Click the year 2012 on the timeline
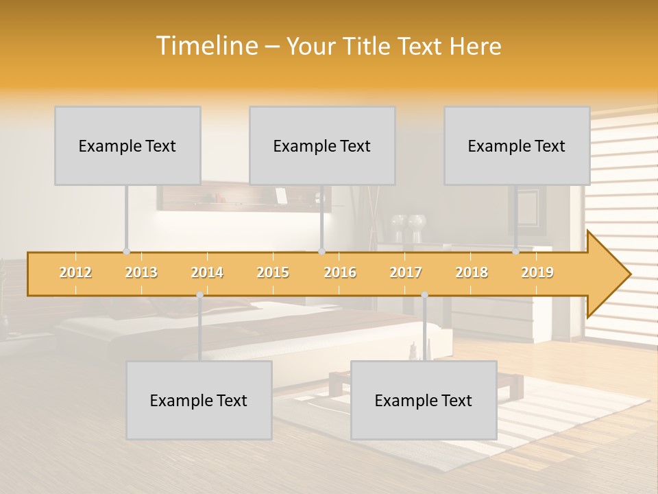tap(75, 272)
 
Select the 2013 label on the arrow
tap(141, 272)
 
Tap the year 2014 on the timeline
tap(207, 272)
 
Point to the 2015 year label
tap(273, 272)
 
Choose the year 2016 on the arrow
tap(340, 272)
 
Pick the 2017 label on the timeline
tap(406, 272)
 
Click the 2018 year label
tap(472, 272)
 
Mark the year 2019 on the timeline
tap(537, 272)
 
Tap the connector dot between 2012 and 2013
tap(126, 252)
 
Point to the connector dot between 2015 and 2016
tap(321, 252)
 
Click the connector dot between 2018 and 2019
tap(516, 252)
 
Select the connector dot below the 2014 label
tap(199, 295)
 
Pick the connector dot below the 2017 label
tap(424, 295)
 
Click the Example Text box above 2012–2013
tap(127, 145)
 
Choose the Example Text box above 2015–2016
tap(322, 145)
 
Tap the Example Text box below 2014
tap(199, 400)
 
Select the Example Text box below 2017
tap(424, 400)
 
